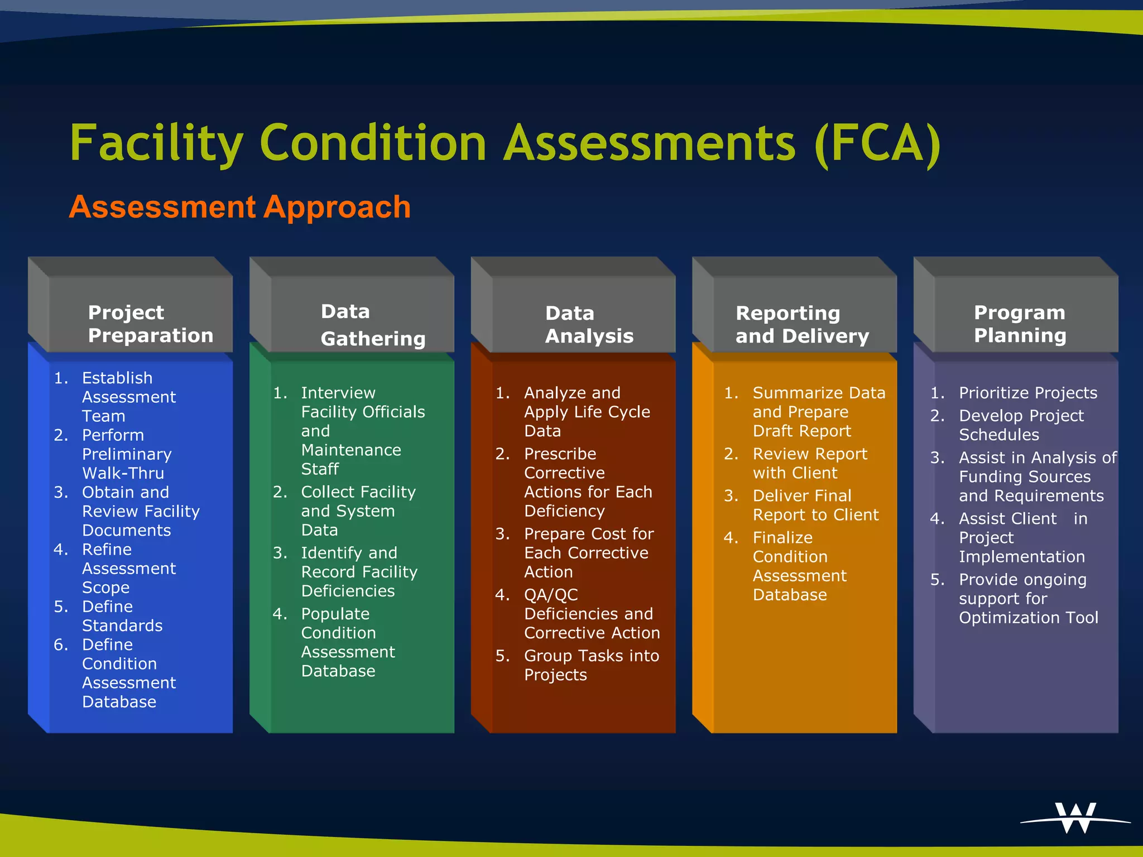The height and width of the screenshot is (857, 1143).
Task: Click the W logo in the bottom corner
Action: (x=1075, y=818)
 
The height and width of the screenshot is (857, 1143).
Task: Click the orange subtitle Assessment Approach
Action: (x=240, y=207)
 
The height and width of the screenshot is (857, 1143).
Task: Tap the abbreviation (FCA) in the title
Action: (x=877, y=143)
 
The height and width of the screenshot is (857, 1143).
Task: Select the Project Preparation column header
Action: (x=150, y=324)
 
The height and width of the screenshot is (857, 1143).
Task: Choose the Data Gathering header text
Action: (x=372, y=325)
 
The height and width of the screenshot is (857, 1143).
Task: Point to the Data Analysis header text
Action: (x=589, y=324)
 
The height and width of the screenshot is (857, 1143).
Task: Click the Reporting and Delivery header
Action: (x=802, y=324)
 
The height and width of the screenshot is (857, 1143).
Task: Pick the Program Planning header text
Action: (x=1020, y=324)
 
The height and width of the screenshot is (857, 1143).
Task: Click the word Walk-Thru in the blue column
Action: (x=123, y=473)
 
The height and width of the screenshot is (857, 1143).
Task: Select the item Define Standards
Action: (x=122, y=616)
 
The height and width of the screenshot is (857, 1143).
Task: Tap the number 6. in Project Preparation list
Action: (x=61, y=645)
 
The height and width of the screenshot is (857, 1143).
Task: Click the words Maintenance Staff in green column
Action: (x=350, y=459)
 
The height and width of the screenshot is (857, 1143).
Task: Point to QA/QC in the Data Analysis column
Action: (x=551, y=595)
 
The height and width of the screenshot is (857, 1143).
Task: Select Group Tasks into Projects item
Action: (x=590, y=665)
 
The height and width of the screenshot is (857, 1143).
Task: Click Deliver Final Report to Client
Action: (x=815, y=505)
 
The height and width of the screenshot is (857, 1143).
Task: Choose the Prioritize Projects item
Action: (x=1027, y=393)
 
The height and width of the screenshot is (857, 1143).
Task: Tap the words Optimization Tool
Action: (x=1028, y=618)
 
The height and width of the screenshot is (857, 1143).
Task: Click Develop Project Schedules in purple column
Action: (x=1021, y=425)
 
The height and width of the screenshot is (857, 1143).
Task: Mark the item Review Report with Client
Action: (x=809, y=463)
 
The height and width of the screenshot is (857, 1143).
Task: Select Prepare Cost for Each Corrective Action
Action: (x=588, y=553)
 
